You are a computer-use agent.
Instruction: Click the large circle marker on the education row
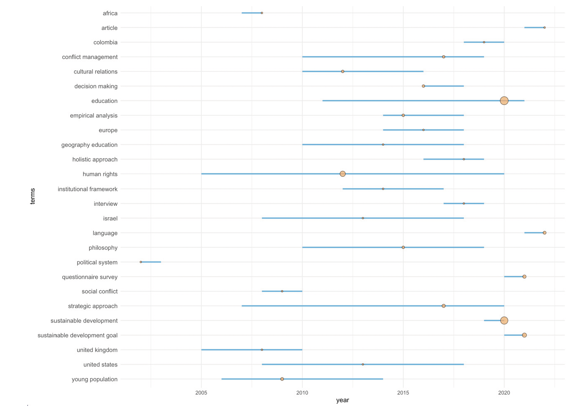point(504,101)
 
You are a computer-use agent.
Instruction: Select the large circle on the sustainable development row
point(504,320)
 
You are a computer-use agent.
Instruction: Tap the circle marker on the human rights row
point(343,174)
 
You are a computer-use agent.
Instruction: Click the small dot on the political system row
point(141,262)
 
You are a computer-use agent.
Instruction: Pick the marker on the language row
point(544,233)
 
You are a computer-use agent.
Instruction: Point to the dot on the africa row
point(262,13)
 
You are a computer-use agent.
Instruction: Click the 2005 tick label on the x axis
point(201,393)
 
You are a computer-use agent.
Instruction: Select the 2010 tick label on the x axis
point(302,393)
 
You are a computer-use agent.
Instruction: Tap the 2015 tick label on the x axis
point(403,393)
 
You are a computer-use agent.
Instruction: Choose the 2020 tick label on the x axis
point(504,393)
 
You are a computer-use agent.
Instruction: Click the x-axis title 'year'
point(343,400)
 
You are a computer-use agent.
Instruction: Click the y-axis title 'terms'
point(32,196)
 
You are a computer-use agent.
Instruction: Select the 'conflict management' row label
point(90,57)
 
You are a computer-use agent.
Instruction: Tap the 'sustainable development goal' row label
point(78,335)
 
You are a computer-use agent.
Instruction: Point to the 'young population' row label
point(95,379)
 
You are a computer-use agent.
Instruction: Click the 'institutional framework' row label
point(88,189)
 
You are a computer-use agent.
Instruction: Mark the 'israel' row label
point(110,218)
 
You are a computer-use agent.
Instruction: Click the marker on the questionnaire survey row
point(524,277)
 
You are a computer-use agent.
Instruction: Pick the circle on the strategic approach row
point(443,306)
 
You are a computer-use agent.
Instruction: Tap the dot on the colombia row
point(484,42)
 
